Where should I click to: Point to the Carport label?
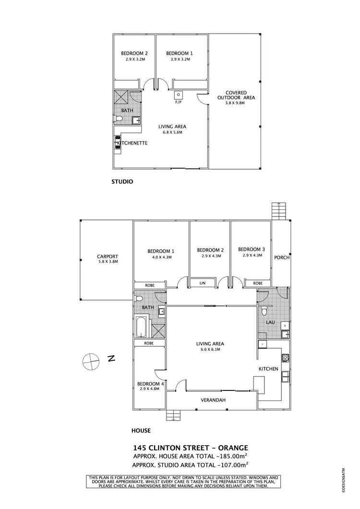click(108, 256)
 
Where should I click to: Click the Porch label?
click(281, 257)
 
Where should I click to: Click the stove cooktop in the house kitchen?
click(285, 357)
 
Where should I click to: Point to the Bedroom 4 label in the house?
click(151, 384)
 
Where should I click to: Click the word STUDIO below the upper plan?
click(122, 182)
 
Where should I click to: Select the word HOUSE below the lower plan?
click(141, 430)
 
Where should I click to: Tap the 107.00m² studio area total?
click(233, 465)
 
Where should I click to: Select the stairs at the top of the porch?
click(278, 210)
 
